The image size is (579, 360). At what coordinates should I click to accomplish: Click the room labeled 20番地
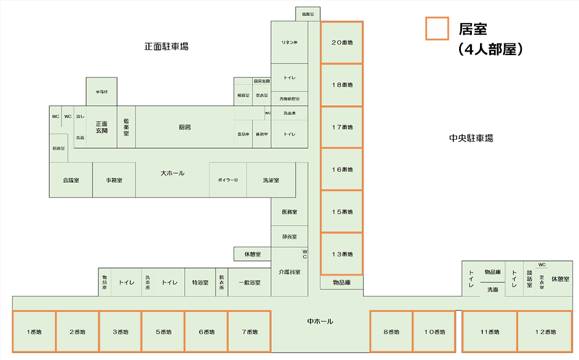click(x=342, y=43)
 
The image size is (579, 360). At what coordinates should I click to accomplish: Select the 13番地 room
click(x=342, y=254)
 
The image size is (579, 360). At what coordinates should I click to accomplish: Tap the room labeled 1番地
click(x=34, y=332)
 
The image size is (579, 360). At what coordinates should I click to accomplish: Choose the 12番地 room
click(x=545, y=332)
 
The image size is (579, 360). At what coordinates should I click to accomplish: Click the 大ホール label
click(x=173, y=172)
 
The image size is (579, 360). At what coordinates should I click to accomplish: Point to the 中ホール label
click(x=320, y=321)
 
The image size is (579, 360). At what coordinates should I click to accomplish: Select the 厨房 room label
click(x=185, y=127)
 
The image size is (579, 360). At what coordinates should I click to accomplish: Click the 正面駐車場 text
click(x=166, y=46)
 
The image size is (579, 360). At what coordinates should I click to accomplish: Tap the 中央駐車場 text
click(x=471, y=138)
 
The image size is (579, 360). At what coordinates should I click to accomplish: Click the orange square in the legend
click(x=437, y=28)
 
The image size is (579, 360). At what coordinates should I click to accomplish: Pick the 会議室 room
click(x=71, y=180)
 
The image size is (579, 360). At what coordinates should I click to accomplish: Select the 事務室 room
click(x=114, y=180)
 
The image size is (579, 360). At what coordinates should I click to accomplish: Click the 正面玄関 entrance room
click(x=102, y=127)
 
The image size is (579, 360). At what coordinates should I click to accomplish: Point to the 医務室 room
click(x=289, y=212)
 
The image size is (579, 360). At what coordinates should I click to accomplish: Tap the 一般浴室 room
click(x=250, y=283)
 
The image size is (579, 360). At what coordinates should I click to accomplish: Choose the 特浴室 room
click(x=200, y=283)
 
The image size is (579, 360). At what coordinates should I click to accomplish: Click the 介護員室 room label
click(x=289, y=271)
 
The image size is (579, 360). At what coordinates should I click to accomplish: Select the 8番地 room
click(x=391, y=332)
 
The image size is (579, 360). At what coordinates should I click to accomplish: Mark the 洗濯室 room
click(x=271, y=180)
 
